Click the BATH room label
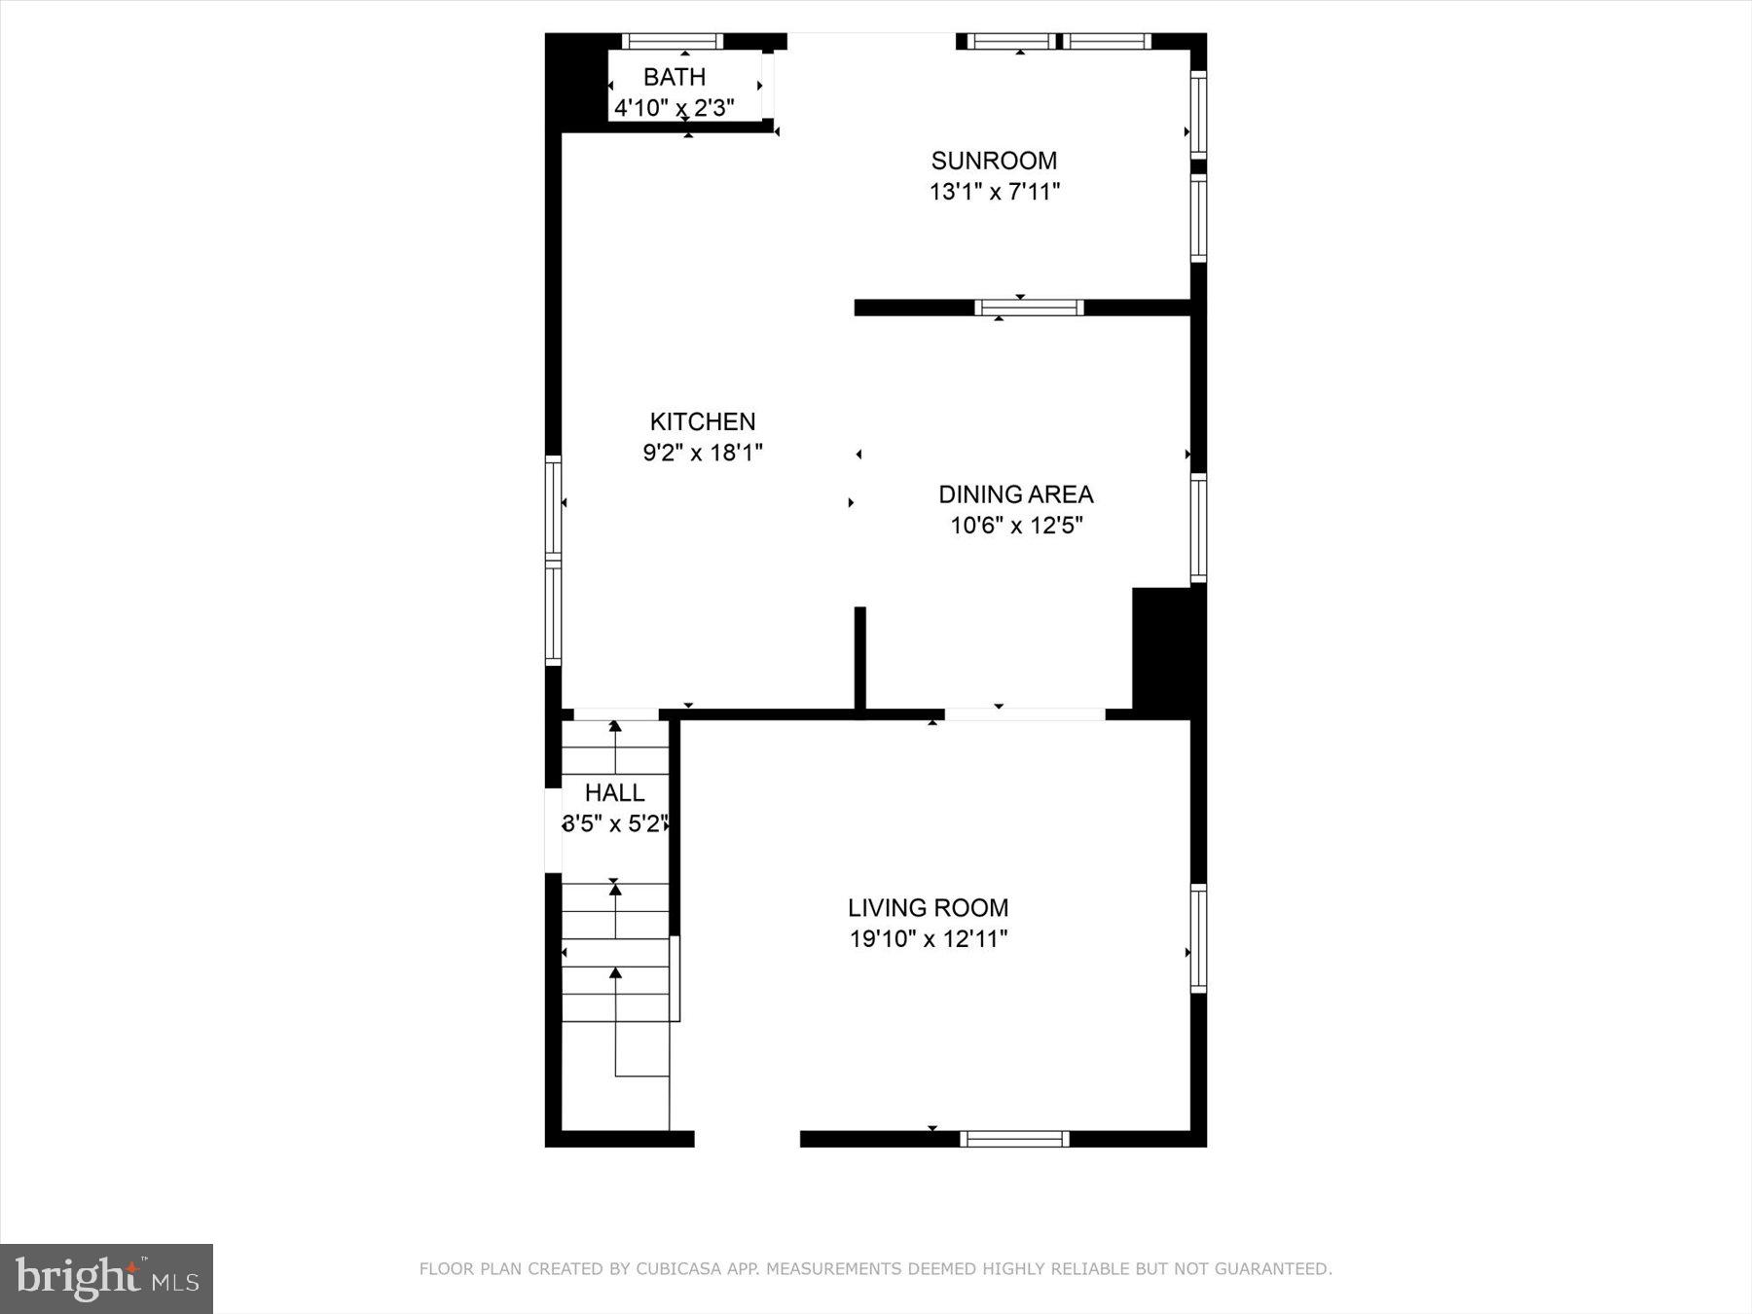(674, 77)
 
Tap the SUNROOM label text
(994, 161)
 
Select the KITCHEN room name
(702, 421)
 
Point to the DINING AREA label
(1015, 494)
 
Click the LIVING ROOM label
(928, 908)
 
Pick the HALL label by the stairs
(614, 792)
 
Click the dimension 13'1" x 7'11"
(994, 192)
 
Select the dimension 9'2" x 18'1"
(702, 453)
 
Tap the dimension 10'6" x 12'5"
(1016, 526)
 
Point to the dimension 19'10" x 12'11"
(928, 939)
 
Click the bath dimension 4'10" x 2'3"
(674, 107)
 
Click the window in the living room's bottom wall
(1014, 1139)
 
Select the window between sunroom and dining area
(1029, 308)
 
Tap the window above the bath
(673, 41)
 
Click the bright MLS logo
(106, 1278)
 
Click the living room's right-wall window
(1198, 938)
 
